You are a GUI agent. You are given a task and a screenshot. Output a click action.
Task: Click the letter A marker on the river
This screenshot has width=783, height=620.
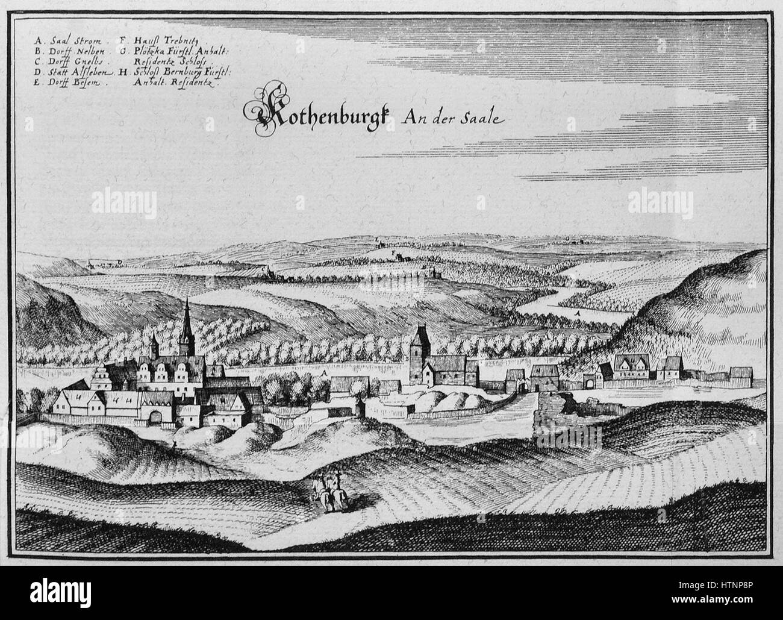pyautogui.click(x=577, y=313)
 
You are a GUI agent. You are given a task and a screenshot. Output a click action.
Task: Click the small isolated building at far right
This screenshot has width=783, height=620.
pyautogui.click(x=740, y=375)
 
